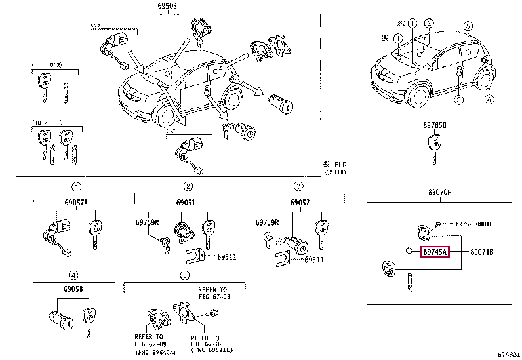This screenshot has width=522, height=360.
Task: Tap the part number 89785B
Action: pyautogui.click(x=433, y=125)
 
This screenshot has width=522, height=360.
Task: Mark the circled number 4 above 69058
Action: pyautogui.click(x=75, y=275)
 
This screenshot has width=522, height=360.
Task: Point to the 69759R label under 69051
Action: pyautogui.click(x=148, y=223)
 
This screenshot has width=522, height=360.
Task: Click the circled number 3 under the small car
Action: pyautogui.click(x=459, y=100)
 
